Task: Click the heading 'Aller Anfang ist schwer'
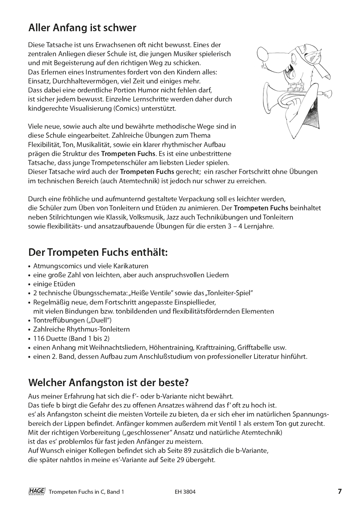[x=83, y=27]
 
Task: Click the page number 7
[x=339, y=491]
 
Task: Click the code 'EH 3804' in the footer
[x=184, y=492]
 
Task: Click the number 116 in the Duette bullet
[x=39, y=338]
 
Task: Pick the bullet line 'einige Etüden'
[x=54, y=284]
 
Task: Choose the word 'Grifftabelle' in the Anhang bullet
[x=255, y=347]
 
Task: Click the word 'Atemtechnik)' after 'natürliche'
[x=264, y=433]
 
